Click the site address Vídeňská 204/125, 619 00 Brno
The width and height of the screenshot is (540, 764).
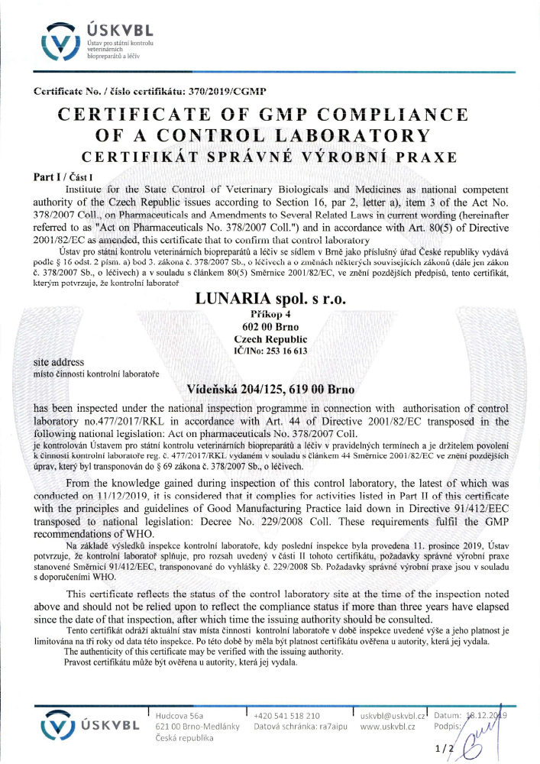[270, 389]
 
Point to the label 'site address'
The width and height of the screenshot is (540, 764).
[60, 361]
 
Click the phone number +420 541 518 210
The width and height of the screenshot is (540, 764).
[286, 715]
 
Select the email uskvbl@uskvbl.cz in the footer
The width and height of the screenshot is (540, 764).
[392, 715]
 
